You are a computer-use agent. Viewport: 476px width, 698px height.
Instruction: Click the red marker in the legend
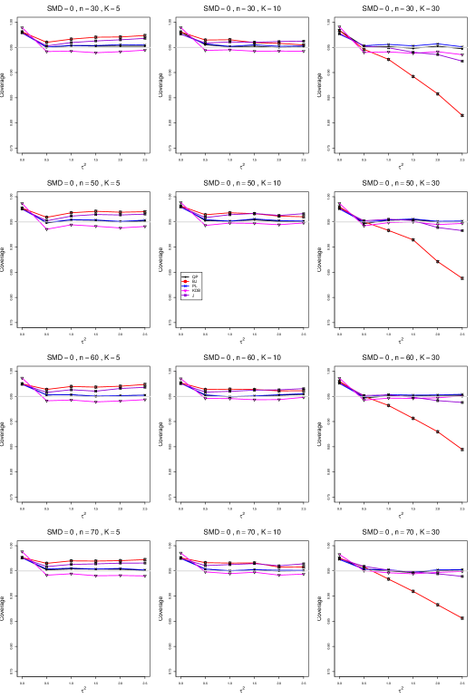[185, 281]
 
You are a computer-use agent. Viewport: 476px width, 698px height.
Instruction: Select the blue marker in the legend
[185, 286]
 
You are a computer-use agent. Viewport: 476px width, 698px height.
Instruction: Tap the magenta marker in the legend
[185, 291]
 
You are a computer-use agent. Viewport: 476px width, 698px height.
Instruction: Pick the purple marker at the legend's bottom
[185, 296]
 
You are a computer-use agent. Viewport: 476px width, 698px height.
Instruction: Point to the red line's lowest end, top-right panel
[461, 114]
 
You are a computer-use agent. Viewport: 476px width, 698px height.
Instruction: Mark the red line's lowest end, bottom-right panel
[461, 617]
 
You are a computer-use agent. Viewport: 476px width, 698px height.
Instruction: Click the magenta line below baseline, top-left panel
[91, 52]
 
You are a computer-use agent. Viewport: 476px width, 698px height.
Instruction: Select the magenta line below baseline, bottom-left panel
[91, 575]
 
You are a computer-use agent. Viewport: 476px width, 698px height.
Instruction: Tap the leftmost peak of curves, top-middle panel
[181, 28]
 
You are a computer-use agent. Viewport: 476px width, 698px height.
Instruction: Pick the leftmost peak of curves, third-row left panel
[23, 379]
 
